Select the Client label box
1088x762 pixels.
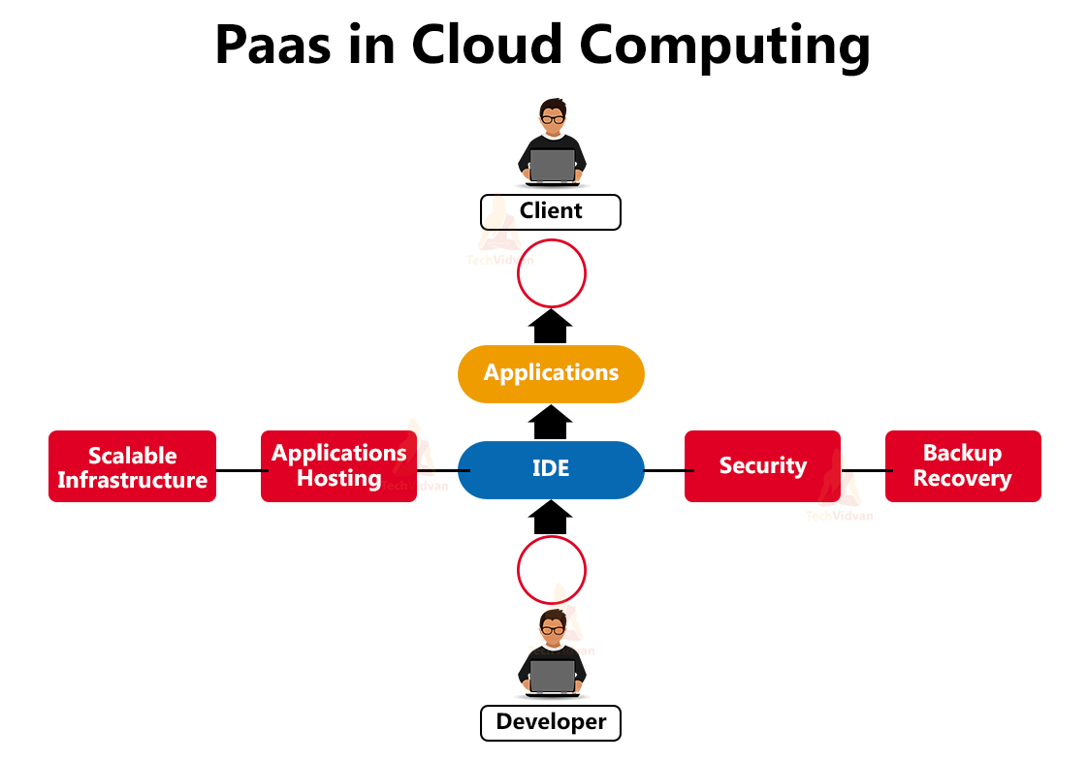(x=551, y=211)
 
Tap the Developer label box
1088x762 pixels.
(x=551, y=722)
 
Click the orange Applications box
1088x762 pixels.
(x=551, y=373)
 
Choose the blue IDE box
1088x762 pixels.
(x=551, y=469)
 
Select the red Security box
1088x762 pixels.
(x=762, y=466)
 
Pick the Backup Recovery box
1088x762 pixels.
(x=962, y=466)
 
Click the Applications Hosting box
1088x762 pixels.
(x=338, y=466)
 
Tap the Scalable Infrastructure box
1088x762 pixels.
(x=132, y=466)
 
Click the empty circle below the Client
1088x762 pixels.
(x=552, y=274)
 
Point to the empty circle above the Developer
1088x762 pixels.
(x=552, y=571)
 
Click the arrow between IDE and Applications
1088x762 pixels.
(x=551, y=423)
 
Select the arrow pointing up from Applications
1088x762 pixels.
(x=551, y=326)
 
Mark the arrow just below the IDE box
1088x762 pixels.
(x=551, y=518)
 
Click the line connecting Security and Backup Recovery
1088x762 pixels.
(x=863, y=470)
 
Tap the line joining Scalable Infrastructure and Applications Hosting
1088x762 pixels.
(x=239, y=470)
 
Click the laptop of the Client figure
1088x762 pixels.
(x=552, y=166)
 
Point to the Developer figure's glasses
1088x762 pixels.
(x=552, y=630)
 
